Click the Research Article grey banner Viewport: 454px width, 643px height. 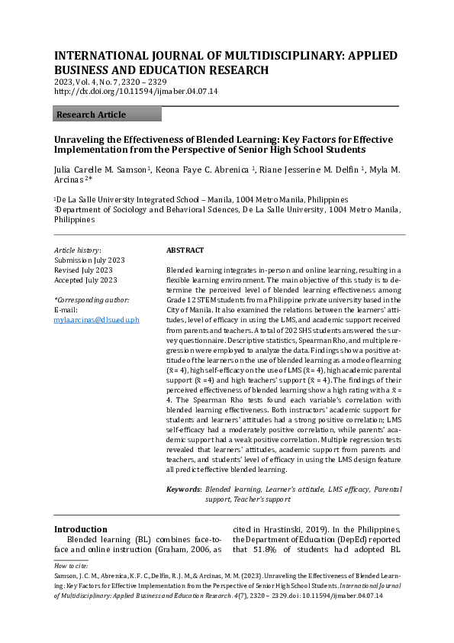[107, 115]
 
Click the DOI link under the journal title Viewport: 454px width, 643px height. [137, 91]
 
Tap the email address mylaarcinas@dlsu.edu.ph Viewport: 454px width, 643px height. [97, 319]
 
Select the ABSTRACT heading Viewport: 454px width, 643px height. [185, 250]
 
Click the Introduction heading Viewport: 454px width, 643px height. [80, 529]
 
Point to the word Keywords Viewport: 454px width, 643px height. [184, 489]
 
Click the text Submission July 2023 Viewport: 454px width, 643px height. [88, 260]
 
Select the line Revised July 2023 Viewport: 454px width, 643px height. [83, 270]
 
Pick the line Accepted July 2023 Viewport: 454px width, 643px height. [85, 280]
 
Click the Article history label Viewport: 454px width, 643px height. [77, 250]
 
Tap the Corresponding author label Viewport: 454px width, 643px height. [92, 300]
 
